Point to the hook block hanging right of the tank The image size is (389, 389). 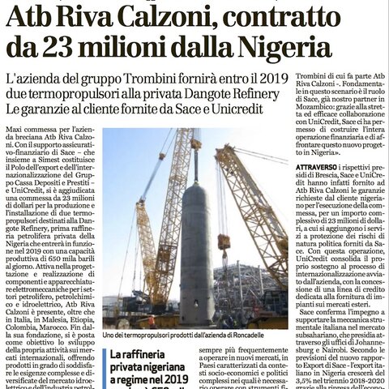(224, 241)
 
